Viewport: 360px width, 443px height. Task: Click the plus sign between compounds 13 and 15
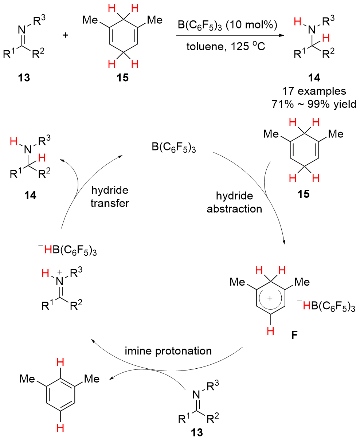tap(65, 35)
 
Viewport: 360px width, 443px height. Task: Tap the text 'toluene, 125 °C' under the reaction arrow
tap(226, 46)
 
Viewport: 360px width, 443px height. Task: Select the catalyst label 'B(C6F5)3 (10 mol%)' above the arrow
tap(227, 26)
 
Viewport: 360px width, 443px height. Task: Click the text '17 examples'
tap(314, 91)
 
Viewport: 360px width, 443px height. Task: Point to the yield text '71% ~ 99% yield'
tap(314, 104)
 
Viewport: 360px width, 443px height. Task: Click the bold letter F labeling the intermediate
tap(294, 335)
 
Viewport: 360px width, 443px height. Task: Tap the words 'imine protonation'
tap(168, 351)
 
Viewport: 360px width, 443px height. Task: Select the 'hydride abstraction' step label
tap(234, 202)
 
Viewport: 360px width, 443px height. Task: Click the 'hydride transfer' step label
tap(110, 196)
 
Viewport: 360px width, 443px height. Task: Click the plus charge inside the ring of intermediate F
tap(270, 298)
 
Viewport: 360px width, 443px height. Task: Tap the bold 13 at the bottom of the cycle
tap(197, 432)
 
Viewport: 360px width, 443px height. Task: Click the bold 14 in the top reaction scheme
tap(314, 77)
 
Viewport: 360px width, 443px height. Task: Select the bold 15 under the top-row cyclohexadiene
tap(122, 78)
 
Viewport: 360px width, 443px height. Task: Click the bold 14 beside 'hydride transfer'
tap(30, 195)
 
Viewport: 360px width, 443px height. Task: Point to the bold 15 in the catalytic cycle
tap(304, 194)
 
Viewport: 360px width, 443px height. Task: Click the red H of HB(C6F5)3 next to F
tap(306, 306)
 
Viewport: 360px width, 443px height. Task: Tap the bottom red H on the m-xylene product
tap(60, 428)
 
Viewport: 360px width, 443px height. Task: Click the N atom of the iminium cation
tap(60, 282)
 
